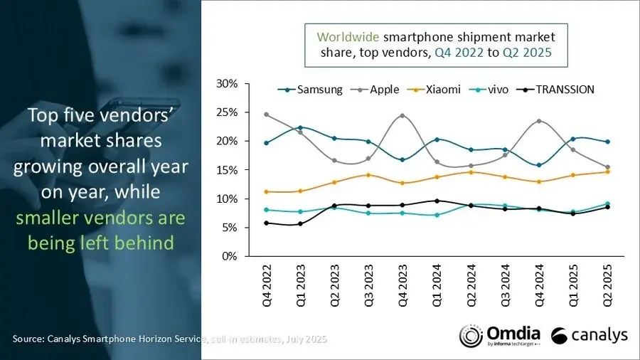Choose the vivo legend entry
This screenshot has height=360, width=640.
click(x=495, y=90)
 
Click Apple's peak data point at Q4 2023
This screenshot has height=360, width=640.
click(x=402, y=115)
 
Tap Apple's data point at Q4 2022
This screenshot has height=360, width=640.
click(x=266, y=115)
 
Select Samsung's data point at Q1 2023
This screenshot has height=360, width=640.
click(x=300, y=127)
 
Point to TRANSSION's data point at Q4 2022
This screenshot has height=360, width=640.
click(x=266, y=223)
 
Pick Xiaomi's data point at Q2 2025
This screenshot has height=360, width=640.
click(x=608, y=171)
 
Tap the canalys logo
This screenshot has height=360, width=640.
click(x=588, y=335)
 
